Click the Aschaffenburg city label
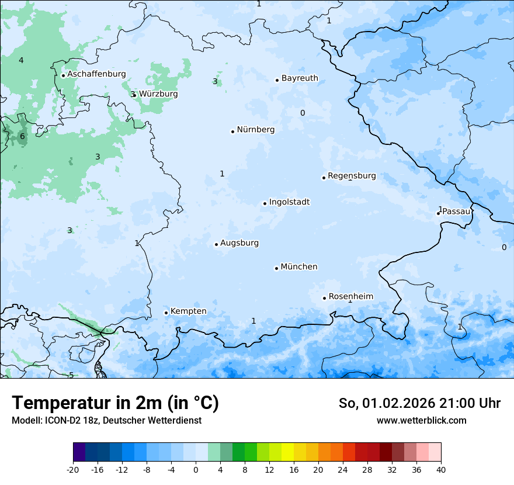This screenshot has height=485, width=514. point(96,74)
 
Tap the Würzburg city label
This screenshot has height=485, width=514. point(158,94)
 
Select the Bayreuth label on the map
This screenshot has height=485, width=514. point(300,78)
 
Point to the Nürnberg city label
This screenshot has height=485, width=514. point(255,130)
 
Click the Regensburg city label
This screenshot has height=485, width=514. point(352,176)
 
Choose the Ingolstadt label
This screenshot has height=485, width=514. point(289,202)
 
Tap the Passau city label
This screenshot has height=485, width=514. point(456,212)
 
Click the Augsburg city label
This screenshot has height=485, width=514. point(239,243)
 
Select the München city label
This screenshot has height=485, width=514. point(299,267)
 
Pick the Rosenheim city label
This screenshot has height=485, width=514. point(350,297)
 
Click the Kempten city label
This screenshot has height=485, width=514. point(188,311)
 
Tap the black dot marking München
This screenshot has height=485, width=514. point(276,268)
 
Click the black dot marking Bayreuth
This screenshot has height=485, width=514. point(277,80)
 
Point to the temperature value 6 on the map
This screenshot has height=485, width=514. point(22,137)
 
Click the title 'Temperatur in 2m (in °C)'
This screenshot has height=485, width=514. point(115,403)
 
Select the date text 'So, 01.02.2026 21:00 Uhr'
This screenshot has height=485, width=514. point(419,403)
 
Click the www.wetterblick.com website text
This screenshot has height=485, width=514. point(421,421)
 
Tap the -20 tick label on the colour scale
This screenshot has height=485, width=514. point(73,470)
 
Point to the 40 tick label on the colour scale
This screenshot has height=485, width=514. point(441,470)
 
